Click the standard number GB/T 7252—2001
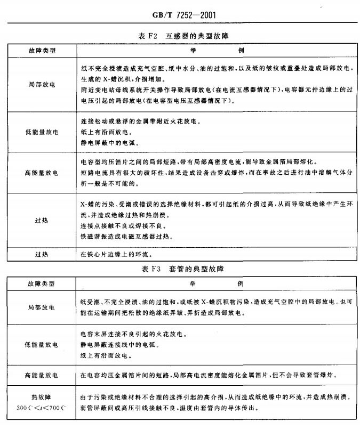click(180, 13)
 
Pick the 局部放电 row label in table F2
click(42, 85)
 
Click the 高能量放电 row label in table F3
click(42, 375)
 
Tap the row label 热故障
click(42, 397)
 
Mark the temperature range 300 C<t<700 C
click(42, 408)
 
